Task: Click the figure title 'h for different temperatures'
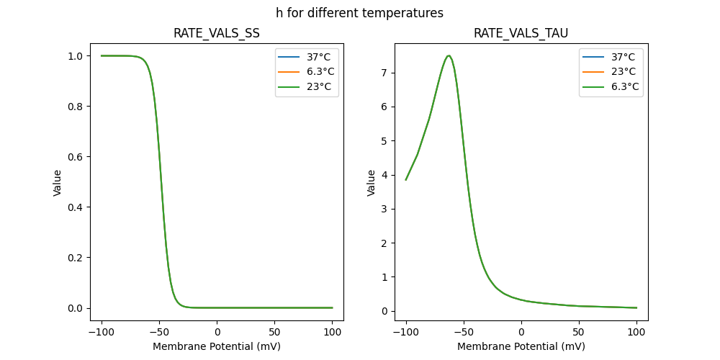point(359,13)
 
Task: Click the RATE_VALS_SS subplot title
point(217,34)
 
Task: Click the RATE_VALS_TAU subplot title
point(521,34)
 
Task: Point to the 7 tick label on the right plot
point(385,73)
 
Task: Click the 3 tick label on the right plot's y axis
point(385,209)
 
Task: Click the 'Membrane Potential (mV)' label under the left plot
point(217,346)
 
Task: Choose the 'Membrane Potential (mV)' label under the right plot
point(521,346)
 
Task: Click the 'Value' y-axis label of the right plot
point(372,183)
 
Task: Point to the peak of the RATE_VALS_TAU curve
point(449,55)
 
